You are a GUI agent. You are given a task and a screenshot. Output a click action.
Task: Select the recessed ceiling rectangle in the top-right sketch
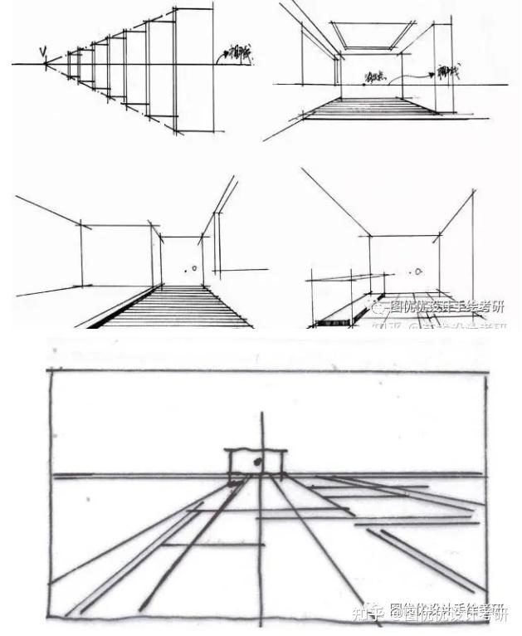tap(373, 34)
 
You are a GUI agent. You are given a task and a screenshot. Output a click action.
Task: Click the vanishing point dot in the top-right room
tap(366, 82)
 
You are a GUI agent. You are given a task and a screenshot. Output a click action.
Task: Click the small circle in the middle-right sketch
tap(420, 271)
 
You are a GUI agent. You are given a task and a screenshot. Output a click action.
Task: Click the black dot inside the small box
tap(259, 459)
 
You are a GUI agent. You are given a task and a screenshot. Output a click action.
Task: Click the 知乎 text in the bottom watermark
tap(364, 614)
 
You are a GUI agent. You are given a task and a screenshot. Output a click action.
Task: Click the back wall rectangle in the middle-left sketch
tap(115, 253)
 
